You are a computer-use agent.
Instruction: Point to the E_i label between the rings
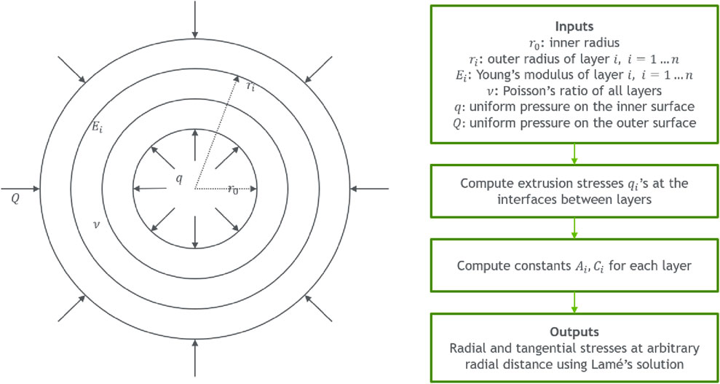point(96,128)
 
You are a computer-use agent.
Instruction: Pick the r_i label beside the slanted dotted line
point(250,87)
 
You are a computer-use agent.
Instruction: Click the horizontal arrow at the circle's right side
point(368,189)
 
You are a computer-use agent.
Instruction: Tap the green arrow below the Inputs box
point(574,154)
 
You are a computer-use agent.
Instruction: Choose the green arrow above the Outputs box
point(574,303)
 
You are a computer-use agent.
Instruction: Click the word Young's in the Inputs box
point(518,75)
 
